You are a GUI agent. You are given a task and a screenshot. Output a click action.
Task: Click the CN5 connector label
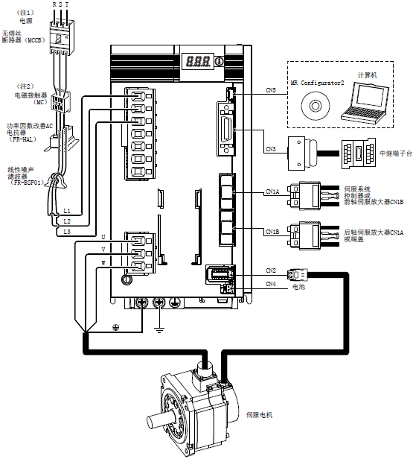click(x=271, y=90)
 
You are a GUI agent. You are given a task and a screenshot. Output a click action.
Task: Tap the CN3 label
click(x=271, y=149)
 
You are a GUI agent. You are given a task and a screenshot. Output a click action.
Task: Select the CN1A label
click(x=272, y=191)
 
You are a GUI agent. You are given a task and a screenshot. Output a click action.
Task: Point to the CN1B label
click(x=272, y=232)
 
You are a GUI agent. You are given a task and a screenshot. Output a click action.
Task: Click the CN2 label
click(x=271, y=270)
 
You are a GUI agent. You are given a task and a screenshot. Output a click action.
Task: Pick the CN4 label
click(x=271, y=284)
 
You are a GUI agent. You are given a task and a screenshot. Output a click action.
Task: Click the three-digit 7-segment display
click(x=198, y=61)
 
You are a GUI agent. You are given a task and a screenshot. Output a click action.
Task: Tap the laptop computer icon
click(x=365, y=102)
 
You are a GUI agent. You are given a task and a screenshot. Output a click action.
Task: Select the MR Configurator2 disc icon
click(x=315, y=105)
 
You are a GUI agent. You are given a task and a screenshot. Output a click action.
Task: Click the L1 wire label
click(x=67, y=211)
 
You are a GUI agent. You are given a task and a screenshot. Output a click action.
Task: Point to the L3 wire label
click(x=67, y=232)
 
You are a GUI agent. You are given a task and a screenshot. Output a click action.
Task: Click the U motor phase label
click(x=103, y=237)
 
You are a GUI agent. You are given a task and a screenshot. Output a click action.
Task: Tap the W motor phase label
click(x=103, y=263)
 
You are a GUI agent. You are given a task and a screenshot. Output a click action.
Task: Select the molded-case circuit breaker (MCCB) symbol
click(x=61, y=37)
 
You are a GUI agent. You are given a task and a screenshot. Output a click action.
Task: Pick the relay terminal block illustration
click(x=359, y=153)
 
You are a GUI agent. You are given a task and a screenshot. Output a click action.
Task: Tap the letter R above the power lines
click(x=54, y=4)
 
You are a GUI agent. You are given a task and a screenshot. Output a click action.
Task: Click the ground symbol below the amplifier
click(x=159, y=331)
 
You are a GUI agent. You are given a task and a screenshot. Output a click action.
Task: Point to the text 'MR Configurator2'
click(x=317, y=83)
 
